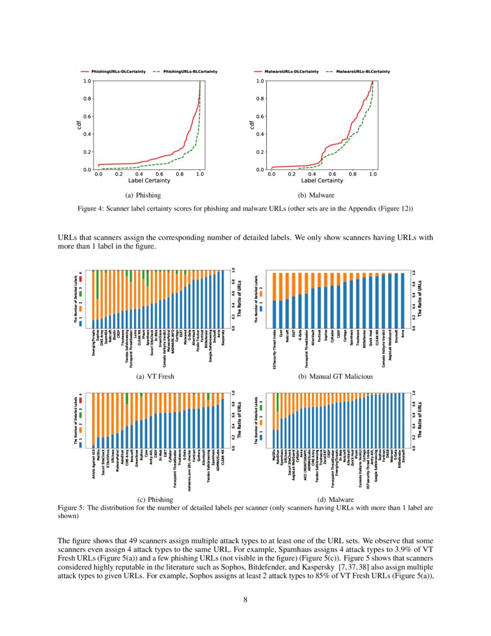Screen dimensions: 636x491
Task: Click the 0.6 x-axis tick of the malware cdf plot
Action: click(332, 173)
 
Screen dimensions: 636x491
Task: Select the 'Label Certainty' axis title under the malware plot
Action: click(322, 181)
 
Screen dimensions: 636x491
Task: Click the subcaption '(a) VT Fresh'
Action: click(154, 376)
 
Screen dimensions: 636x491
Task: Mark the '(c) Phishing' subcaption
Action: click(154, 498)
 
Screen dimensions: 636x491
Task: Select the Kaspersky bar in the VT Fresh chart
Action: click(223, 298)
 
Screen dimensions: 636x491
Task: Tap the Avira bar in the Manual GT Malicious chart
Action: click(403, 301)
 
